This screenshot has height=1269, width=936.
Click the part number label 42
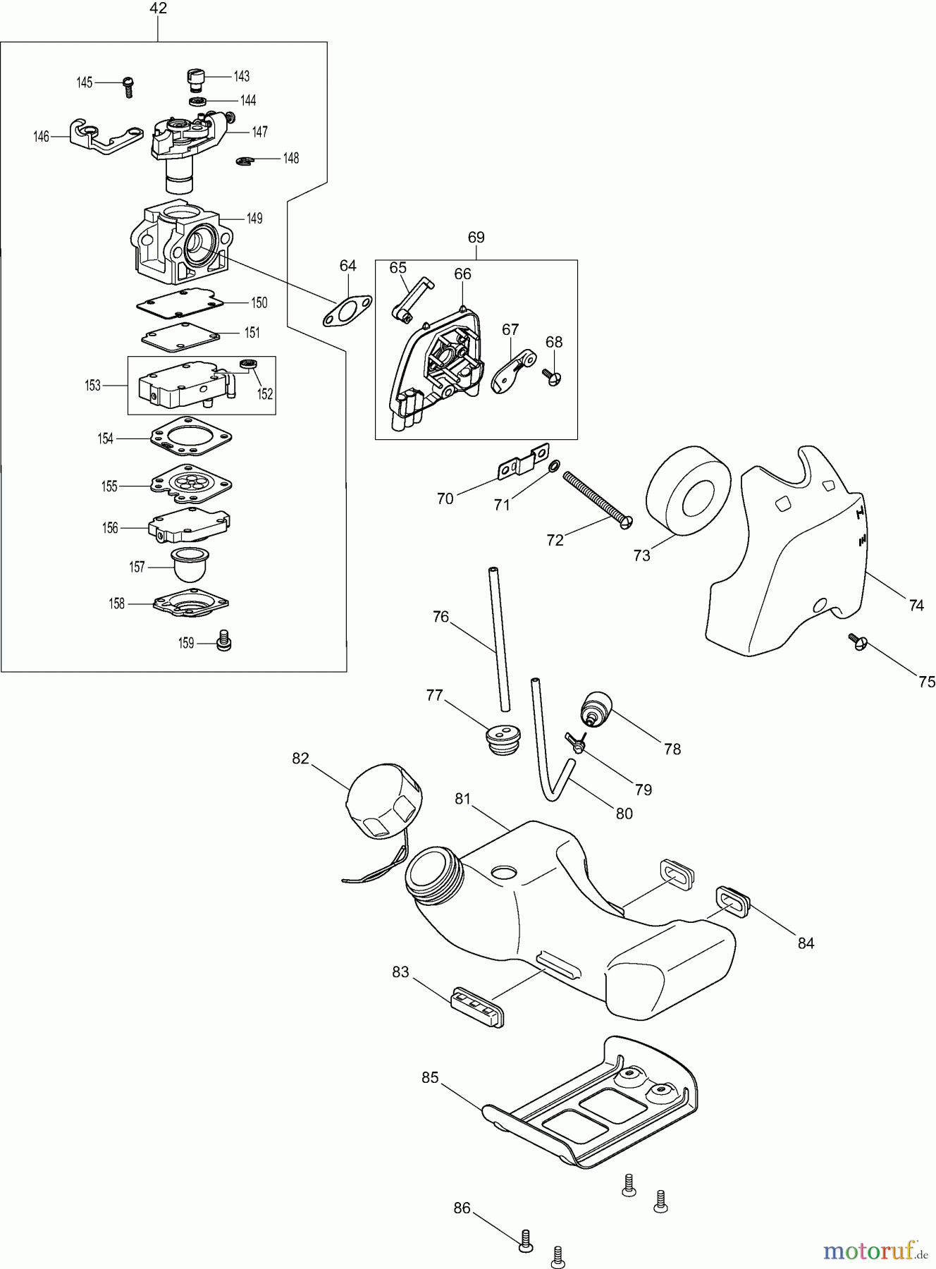pyautogui.click(x=159, y=8)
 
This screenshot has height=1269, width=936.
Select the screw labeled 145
pyautogui.click(x=128, y=85)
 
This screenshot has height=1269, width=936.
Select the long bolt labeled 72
pyautogui.click(x=596, y=498)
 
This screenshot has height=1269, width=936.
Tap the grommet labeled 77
pyautogui.click(x=501, y=739)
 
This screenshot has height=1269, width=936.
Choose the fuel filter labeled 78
pyautogui.click(x=595, y=708)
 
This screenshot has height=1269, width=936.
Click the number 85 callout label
pyautogui.click(x=430, y=1078)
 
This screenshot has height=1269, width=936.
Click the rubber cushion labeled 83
pyautogui.click(x=477, y=1006)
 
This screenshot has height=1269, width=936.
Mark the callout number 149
pyautogui.click(x=254, y=219)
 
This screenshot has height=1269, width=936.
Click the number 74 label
pyautogui.click(x=916, y=605)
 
